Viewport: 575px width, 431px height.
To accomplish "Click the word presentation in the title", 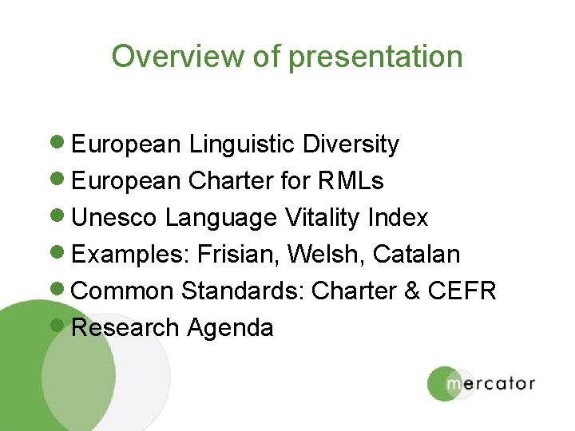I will [375, 57].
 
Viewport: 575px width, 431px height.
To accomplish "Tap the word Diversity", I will [351, 144].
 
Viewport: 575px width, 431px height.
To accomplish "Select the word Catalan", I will [416, 255].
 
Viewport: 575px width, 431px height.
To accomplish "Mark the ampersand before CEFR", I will [412, 291].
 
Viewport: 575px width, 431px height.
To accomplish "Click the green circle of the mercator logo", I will [446, 383].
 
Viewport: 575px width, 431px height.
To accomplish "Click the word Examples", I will [121, 255].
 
